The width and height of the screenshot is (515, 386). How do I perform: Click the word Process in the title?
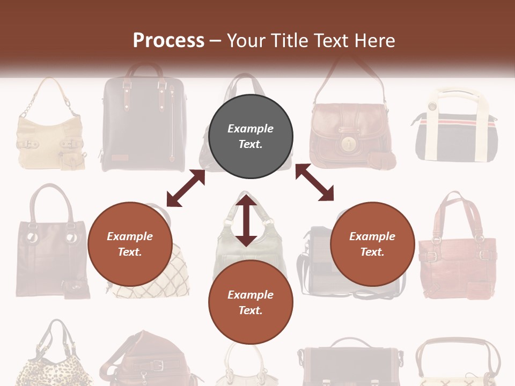pos(168,40)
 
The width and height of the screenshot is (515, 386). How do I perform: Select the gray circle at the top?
pos(251,137)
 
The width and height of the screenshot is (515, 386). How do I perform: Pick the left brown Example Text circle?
pos(130,244)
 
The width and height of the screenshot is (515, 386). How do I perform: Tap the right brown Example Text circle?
pos(372,244)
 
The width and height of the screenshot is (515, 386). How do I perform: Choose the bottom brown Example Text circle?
pos(251,302)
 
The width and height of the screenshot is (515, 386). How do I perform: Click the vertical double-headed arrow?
pos(246,220)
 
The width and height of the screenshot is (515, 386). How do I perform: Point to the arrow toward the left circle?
pos(186,188)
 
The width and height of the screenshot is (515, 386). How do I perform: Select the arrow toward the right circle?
pos(314,183)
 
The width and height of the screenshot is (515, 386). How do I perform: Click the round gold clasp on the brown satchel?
pos(349,144)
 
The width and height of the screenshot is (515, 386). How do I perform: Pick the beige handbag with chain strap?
pos(50,129)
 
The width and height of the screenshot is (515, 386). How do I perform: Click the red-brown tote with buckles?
pos(457,252)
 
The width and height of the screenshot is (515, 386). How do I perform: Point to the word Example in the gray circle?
pos(251,129)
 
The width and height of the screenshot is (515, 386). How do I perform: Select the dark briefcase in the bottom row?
pos(349,365)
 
